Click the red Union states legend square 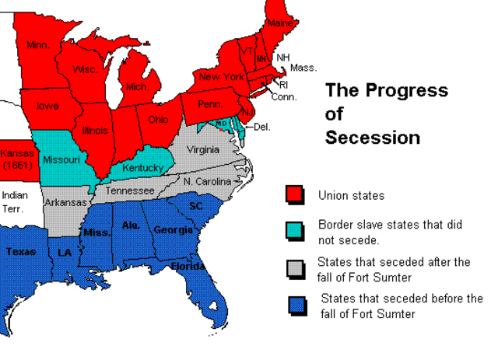(x=294, y=194)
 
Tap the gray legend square (x=294, y=268)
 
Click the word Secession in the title (x=373, y=138)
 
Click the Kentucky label (x=142, y=167)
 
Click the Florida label (x=188, y=267)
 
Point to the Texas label (x=21, y=251)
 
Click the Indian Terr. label (x=12, y=201)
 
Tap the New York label (x=221, y=77)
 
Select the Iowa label (x=47, y=107)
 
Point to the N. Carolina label (x=208, y=181)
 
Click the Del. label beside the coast (x=262, y=126)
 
